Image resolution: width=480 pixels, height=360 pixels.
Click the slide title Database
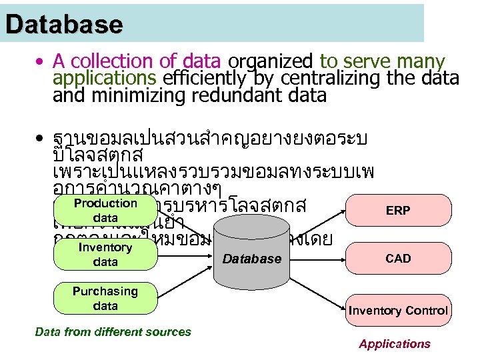click(x=64, y=25)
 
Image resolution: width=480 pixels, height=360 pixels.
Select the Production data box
click(x=105, y=211)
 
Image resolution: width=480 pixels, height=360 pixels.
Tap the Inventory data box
click(x=105, y=255)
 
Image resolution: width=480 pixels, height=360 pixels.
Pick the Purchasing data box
click(x=105, y=299)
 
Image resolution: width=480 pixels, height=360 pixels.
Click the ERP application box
click(x=398, y=211)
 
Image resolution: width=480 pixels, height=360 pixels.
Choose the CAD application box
click(x=398, y=258)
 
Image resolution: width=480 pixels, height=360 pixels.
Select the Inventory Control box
click(x=398, y=311)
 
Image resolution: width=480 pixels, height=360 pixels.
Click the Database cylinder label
click(x=252, y=259)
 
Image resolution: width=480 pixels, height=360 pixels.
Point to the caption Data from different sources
click(x=113, y=331)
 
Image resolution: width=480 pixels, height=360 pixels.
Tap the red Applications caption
click(x=395, y=344)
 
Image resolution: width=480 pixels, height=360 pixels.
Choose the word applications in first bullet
click(x=105, y=79)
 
